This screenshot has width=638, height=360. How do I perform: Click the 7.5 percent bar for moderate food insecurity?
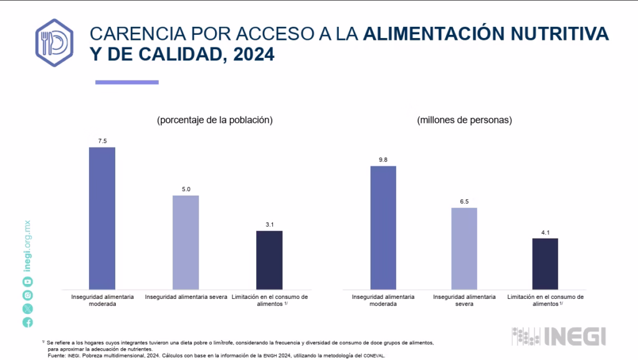click(x=102, y=218)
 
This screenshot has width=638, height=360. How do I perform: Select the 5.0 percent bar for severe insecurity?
click(x=186, y=242)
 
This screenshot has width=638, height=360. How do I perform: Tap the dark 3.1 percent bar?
click(x=269, y=260)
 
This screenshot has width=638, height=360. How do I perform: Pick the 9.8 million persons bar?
click(x=383, y=227)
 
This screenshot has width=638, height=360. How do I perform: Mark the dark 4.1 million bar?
click(x=545, y=263)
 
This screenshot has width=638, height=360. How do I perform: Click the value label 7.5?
click(x=102, y=141)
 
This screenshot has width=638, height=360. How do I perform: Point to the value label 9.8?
click(x=383, y=160)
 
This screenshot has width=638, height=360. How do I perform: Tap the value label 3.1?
click(x=269, y=225)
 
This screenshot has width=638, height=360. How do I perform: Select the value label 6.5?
click(x=464, y=201)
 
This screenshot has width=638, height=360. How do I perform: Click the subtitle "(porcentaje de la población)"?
click(x=215, y=120)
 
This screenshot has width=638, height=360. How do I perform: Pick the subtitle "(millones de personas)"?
click(x=465, y=120)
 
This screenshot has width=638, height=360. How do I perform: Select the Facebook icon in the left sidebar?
click(x=28, y=322)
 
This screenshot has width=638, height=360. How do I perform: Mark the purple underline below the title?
click(x=126, y=82)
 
